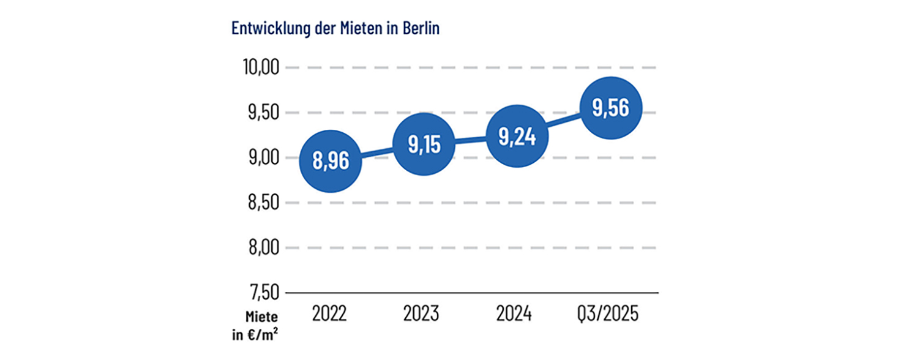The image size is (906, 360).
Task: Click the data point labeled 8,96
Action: (331, 162)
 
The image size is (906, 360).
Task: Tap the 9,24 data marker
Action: (517, 137)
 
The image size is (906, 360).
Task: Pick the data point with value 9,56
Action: (610, 108)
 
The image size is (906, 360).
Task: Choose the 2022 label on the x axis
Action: (329, 314)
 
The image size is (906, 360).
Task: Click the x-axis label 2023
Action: (421, 314)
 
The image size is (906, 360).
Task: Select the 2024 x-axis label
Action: (514, 314)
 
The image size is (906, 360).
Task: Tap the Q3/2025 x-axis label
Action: (608, 315)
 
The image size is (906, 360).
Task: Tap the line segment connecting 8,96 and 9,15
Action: (377, 153)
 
